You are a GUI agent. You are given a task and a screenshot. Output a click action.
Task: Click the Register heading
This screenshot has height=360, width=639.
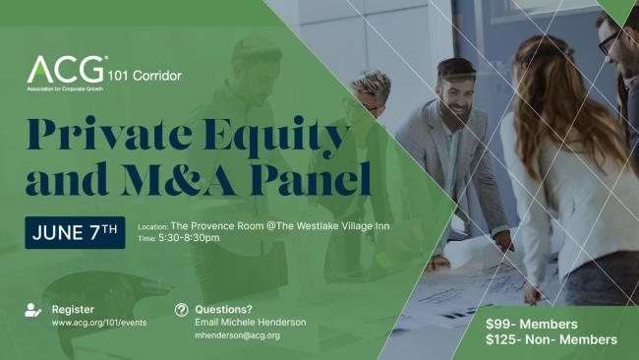(73, 309)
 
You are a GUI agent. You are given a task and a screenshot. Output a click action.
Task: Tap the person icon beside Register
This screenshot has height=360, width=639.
(32, 310)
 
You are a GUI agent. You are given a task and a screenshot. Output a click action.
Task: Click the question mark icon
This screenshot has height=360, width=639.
(181, 310)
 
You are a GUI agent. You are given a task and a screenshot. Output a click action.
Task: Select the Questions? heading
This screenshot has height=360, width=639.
(223, 309)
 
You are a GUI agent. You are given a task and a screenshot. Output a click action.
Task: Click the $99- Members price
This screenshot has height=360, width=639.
(531, 324)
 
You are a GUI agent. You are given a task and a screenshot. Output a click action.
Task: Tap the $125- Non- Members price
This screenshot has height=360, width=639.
(551, 339)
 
